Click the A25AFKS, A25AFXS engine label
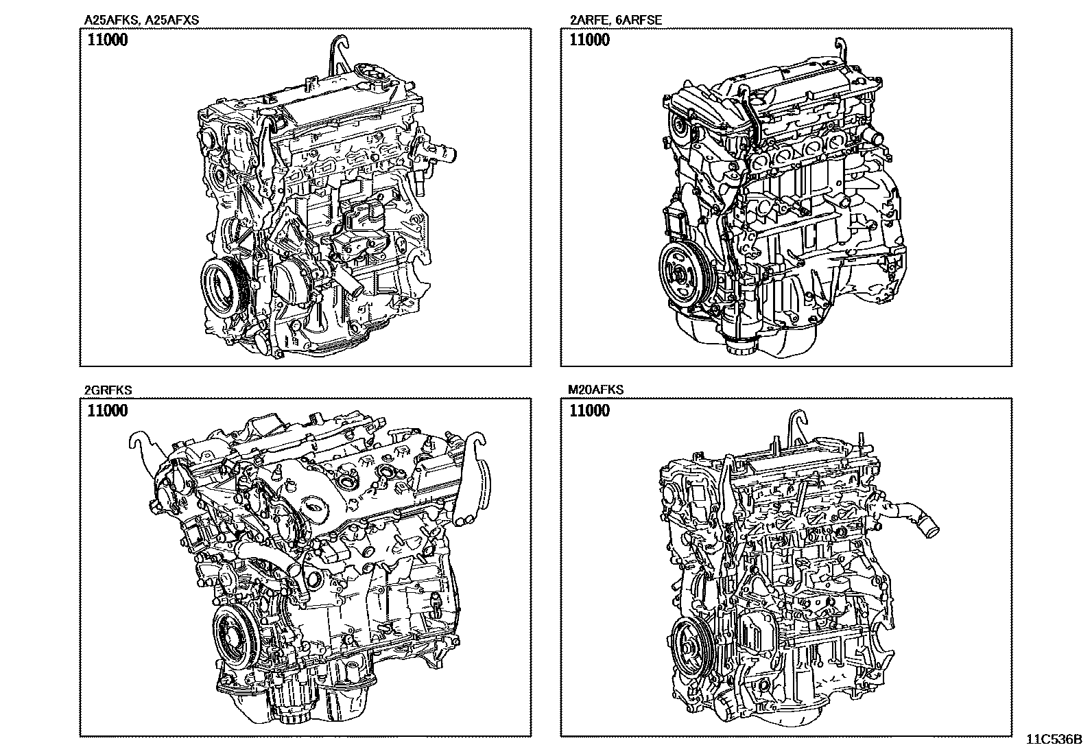[x=141, y=20]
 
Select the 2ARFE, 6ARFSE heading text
[x=616, y=20]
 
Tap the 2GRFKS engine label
[x=108, y=390]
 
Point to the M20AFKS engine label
[x=595, y=390]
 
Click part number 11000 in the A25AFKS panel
[x=107, y=40]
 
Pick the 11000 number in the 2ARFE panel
[x=589, y=40]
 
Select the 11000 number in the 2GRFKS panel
[x=107, y=411]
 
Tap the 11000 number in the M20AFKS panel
[x=589, y=411]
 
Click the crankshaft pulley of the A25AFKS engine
[x=222, y=287]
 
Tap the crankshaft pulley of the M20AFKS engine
[x=690, y=646]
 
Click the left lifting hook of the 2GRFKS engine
[x=146, y=446]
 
